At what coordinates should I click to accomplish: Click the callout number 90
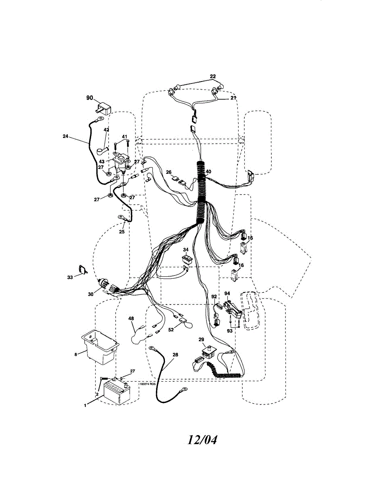tap(90, 98)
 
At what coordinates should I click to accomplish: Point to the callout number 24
tap(65, 136)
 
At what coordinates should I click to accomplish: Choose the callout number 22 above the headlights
tap(213, 76)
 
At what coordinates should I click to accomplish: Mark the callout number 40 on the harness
tap(208, 171)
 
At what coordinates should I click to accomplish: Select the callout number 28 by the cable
tap(175, 355)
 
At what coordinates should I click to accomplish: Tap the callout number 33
tap(70, 277)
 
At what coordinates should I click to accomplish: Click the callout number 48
tap(131, 319)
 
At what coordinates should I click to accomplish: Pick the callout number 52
tap(171, 330)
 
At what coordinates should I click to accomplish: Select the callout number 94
tap(227, 294)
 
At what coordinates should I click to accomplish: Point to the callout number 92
tap(214, 296)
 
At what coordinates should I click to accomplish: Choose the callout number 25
tap(121, 232)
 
